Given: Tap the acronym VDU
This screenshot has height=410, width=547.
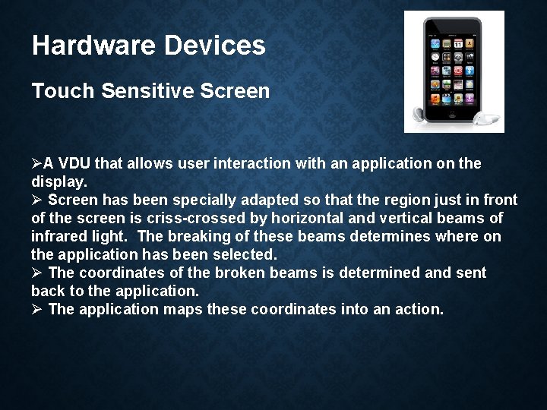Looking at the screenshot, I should click(73, 163).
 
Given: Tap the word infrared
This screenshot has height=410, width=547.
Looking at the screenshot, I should click(58, 236).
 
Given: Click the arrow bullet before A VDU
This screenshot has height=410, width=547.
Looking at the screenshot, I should click(36, 163).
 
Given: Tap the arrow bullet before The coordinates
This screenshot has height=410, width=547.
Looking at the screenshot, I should click(36, 273).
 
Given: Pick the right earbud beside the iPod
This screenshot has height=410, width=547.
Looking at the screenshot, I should click(486, 118).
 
